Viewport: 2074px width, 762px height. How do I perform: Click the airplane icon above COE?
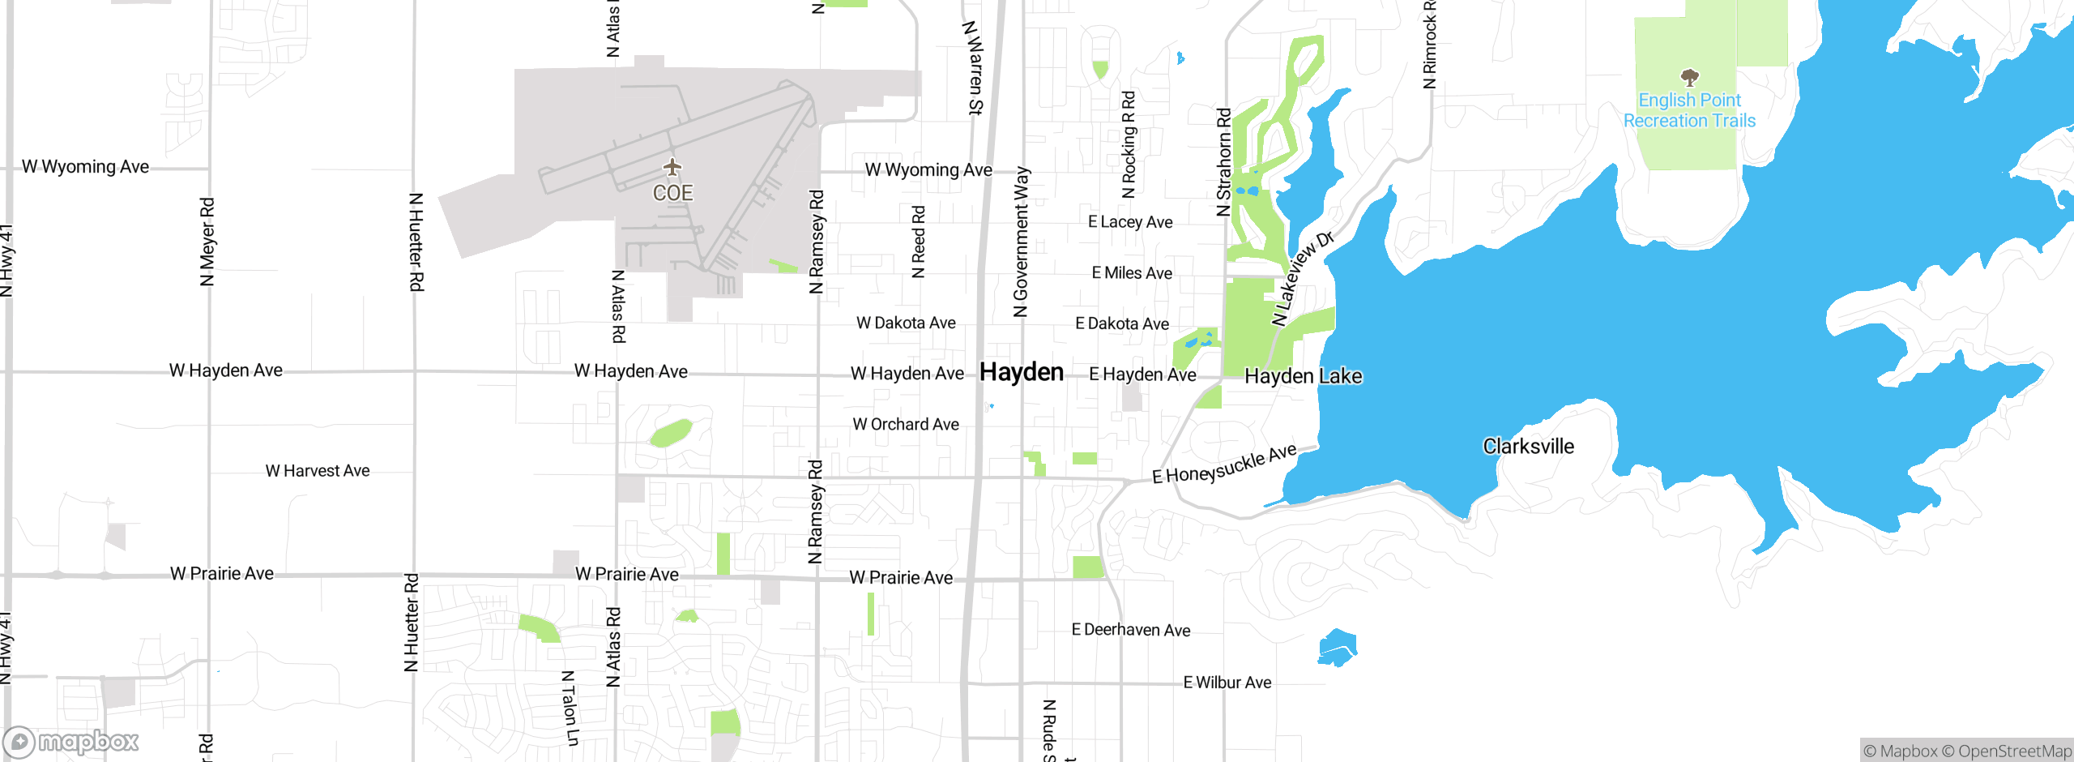point(672,168)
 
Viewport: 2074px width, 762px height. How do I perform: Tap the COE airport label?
point(672,193)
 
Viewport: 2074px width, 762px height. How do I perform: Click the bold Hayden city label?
point(1022,372)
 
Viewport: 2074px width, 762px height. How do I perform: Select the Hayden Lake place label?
point(1303,376)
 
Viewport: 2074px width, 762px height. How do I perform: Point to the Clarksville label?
point(1528,447)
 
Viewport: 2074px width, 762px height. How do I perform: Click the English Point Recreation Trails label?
point(1689,111)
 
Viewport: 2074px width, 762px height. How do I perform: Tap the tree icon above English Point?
point(1689,78)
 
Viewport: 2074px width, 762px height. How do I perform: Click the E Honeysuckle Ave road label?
point(1224,464)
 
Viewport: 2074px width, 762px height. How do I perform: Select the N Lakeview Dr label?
point(1302,279)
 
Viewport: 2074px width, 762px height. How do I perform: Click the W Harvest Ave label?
point(318,471)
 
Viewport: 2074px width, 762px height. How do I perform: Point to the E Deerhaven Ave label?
point(1131,630)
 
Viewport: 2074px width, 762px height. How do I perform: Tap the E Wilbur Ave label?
point(1227,683)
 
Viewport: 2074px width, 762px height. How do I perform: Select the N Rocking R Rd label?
point(1129,144)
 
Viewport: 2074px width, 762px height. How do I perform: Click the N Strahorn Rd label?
point(1223,162)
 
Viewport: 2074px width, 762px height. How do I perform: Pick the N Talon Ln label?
point(570,708)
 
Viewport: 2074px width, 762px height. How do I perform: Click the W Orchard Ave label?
point(906,424)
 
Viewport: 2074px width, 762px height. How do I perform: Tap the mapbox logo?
point(71,742)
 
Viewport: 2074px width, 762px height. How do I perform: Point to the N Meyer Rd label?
point(207,242)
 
